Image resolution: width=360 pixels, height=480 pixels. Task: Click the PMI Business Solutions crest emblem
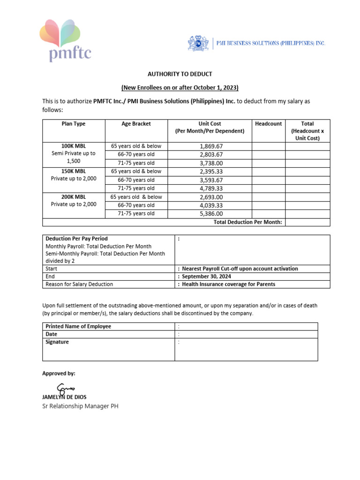(x=198, y=43)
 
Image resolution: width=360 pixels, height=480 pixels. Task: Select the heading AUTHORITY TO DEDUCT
(x=180, y=74)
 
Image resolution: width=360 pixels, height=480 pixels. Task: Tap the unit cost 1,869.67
(x=211, y=146)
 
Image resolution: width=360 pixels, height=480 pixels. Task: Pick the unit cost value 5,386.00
(x=211, y=214)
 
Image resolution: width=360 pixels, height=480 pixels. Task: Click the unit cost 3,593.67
(x=211, y=180)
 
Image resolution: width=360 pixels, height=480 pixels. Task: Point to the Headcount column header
(x=268, y=124)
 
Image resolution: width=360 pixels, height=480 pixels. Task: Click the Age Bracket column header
(x=136, y=124)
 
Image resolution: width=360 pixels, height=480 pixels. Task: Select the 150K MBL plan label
(x=74, y=172)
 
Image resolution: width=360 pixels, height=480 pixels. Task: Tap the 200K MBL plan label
(x=74, y=197)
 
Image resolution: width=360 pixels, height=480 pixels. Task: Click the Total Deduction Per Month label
(x=247, y=222)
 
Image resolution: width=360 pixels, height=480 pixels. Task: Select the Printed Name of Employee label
(x=78, y=326)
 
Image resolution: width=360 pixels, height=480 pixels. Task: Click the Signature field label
(x=57, y=342)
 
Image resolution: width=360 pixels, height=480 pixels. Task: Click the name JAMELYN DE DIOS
(x=64, y=397)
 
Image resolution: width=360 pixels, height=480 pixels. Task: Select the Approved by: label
(x=59, y=374)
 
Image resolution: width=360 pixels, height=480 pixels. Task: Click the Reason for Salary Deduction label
(x=79, y=284)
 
